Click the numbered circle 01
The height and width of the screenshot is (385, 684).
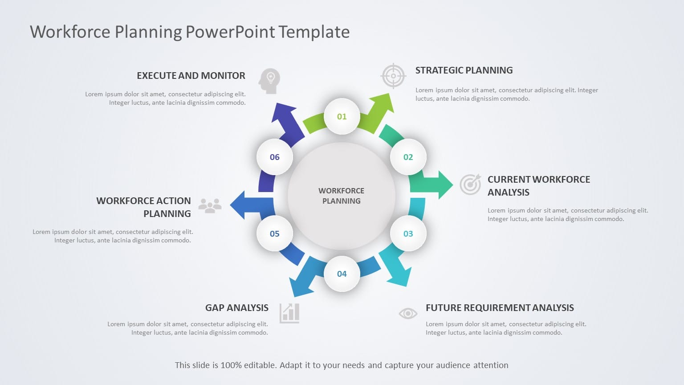(x=342, y=116)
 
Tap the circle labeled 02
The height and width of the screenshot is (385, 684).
(x=408, y=157)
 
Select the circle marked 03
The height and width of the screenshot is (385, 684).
(x=408, y=233)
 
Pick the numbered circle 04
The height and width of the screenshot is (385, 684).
(x=342, y=274)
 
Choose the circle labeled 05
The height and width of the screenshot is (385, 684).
(x=274, y=233)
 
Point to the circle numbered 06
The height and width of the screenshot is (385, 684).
(x=274, y=157)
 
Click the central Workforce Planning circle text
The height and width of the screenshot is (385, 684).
(x=342, y=196)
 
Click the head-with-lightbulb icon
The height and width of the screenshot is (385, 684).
(x=269, y=81)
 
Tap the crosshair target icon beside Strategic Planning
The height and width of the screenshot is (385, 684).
(x=393, y=76)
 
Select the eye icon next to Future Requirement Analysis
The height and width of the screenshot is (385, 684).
(x=407, y=313)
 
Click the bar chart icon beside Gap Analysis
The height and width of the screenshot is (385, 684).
(x=289, y=313)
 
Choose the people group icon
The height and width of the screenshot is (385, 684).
(x=210, y=205)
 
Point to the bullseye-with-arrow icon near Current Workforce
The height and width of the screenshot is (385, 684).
(x=470, y=184)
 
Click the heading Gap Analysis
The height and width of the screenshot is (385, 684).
(x=236, y=308)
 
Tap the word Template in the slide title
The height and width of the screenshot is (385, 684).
(x=314, y=32)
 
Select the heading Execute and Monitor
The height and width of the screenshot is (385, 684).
(x=191, y=76)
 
